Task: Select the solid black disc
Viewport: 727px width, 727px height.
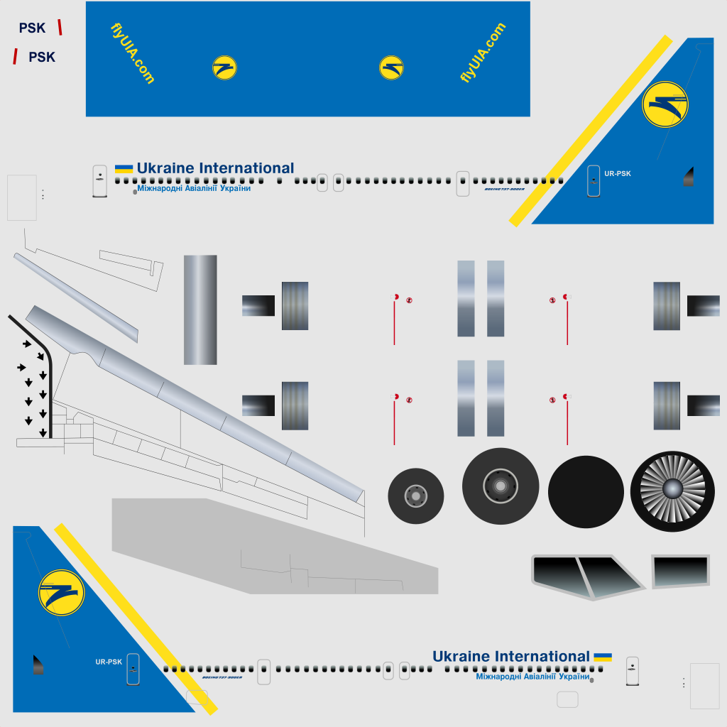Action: tap(586, 492)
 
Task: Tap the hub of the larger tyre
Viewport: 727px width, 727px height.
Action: tap(501, 486)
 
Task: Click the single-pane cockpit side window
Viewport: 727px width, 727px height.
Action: tap(680, 572)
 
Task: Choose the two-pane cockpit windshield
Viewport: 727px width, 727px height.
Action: tap(586, 576)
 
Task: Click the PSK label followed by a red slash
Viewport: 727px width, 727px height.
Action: tap(32, 28)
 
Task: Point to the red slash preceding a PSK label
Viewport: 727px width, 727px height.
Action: tap(15, 57)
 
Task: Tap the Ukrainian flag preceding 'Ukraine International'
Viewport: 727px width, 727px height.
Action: tap(124, 168)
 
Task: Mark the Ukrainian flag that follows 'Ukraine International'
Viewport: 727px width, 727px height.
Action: tap(603, 657)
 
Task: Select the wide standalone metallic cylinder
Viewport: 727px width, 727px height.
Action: tap(200, 310)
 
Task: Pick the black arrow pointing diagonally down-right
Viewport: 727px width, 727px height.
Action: tap(27, 344)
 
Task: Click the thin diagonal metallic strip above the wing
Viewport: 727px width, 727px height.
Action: tap(75, 297)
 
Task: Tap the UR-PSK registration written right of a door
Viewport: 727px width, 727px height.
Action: tap(618, 173)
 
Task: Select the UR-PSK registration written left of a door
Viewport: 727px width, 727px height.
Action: tap(109, 662)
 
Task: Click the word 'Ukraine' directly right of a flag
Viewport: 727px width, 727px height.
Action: tap(165, 168)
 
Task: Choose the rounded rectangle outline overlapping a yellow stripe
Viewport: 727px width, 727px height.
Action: tap(197, 697)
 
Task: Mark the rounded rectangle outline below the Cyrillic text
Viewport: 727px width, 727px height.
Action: tap(567, 699)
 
